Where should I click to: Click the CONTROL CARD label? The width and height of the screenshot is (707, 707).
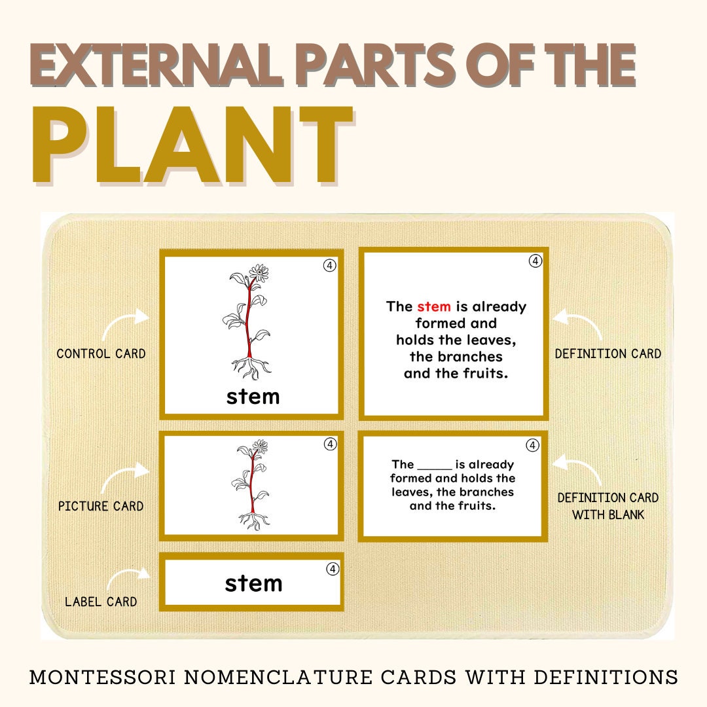101,353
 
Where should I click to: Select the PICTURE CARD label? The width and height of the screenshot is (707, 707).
101,506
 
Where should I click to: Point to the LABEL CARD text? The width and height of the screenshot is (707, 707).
101,601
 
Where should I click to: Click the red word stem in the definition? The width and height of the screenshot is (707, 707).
433,306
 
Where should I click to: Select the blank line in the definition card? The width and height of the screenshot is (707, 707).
434,465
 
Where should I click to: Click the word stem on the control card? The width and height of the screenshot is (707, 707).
253,397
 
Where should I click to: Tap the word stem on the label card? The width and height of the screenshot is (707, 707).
253,583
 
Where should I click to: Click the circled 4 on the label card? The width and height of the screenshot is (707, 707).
333,569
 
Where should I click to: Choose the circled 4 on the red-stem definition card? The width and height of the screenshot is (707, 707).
535,261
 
